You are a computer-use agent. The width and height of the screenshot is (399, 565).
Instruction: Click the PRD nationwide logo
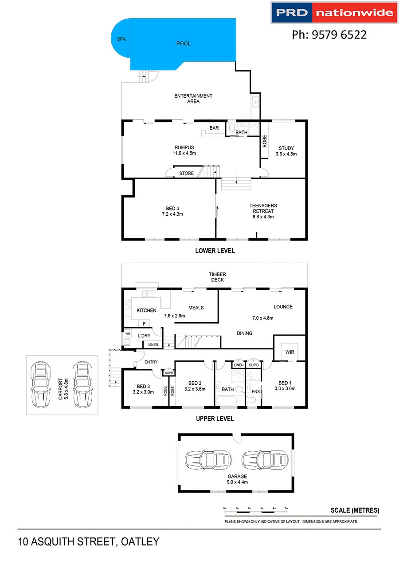tap(333, 12)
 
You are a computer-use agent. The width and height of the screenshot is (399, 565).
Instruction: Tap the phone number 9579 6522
tap(329, 35)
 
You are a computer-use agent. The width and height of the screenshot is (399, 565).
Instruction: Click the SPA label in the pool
tap(121, 39)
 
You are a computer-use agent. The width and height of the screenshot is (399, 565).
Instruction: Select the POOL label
tap(184, 43)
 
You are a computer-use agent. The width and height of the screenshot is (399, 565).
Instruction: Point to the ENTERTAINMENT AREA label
tap(193, 99)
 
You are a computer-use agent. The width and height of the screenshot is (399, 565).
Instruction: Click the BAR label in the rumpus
tap(214, 128)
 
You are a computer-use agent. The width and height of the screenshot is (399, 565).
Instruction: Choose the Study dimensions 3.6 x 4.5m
tap(286, 154)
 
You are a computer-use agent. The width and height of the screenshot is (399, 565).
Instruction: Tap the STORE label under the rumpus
tap(187, 173)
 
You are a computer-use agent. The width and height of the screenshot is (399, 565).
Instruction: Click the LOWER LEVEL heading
tap(215, 251)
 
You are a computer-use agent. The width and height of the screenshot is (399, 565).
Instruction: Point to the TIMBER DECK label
tap(218, 277)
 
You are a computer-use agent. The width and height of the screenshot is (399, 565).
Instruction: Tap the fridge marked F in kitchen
tap(144, 324)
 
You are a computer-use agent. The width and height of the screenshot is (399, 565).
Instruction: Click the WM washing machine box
tap(128, 333)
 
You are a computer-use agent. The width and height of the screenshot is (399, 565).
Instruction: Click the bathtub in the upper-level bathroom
tap(227, 401)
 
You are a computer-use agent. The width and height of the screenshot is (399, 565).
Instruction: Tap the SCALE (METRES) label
tap(355, 510)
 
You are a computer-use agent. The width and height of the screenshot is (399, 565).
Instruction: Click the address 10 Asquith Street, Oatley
tap(89, 542)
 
